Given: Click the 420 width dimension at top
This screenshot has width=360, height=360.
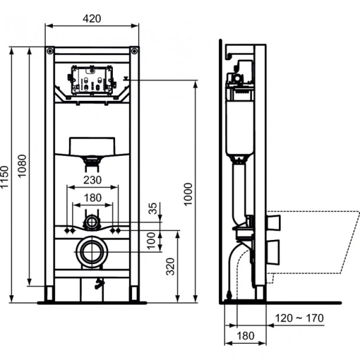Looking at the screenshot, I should (x=92, y=18).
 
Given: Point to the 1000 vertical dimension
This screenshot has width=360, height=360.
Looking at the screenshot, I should (x=189, y=193).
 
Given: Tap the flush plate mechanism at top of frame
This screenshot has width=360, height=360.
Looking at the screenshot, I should (x=92, y=81).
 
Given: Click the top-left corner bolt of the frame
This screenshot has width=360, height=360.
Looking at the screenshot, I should (x=50, y=50).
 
